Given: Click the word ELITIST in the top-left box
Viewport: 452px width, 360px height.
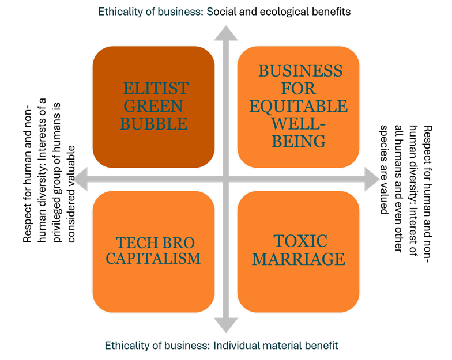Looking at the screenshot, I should pyautogui.click(x=156, y=89).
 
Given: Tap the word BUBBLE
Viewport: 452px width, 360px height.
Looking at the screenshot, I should pyautogui.click(x=154, y=124).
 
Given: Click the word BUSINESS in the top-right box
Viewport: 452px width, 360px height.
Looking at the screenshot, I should pyautogui.click(x=300, y=71).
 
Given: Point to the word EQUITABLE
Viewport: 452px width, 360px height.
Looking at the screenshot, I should pyautogui.click(x=299, y=106).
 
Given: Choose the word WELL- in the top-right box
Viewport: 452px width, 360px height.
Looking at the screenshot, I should pyautogui.click(x=299, y=123).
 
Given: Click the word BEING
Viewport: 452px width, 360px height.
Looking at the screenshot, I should pyautogui.click(x=299, y=141).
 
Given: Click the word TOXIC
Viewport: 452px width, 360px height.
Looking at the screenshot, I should pyautogui.click(x=299, y=241).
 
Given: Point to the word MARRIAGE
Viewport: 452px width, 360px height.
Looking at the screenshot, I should pyautogui.click(x=299, y=259).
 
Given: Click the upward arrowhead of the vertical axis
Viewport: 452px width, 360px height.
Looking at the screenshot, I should pyautogui.click(x=225, y=32).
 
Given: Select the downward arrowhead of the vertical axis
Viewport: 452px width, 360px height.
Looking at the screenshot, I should pyautogui.click(x=225, y=325).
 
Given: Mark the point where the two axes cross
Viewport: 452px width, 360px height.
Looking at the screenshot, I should pyautogui.click(x=225, y=179).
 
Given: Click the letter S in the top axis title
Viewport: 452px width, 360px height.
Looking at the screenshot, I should pyautogui.click(x=210, y=11).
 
